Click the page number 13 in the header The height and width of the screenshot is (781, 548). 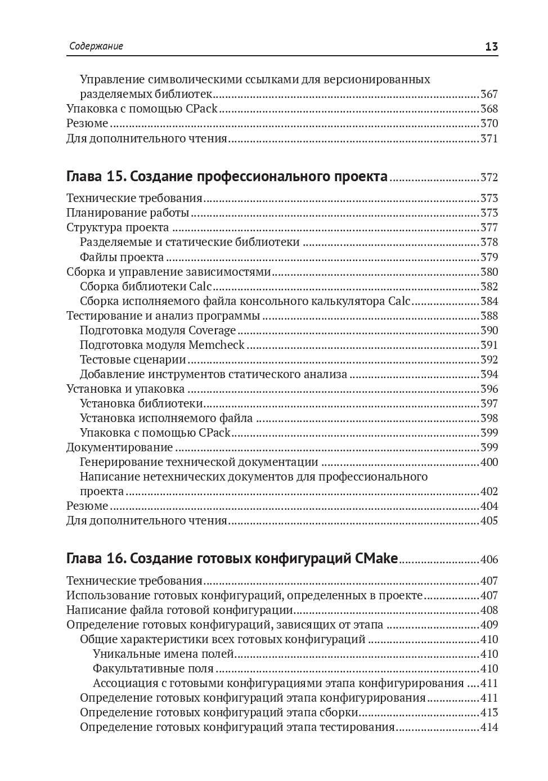pos(491,47)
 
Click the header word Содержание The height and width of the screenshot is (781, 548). pos(96,47)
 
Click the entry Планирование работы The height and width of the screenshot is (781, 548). pos(128,213)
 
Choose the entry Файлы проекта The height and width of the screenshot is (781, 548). pos(122,257)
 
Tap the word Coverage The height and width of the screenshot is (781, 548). pos(212,330)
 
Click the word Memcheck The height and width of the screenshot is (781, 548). pos(217,345)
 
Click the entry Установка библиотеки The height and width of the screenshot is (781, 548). pos(141,403)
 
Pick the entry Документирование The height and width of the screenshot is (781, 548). pos(119,447)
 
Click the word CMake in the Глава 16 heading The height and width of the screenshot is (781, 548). pos(376,559)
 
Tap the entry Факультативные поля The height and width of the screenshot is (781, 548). pos(153,668)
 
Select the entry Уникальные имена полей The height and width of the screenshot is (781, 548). pos(163,654)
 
